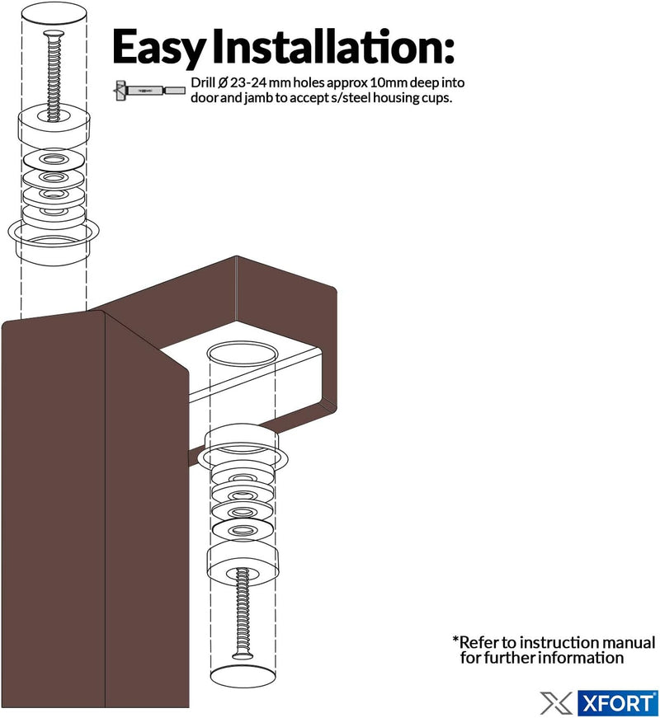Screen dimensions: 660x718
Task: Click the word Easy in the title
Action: pyautogui.click(x=158, y=47)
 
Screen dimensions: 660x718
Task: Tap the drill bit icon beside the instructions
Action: pyautogui.click(x=150, y=91)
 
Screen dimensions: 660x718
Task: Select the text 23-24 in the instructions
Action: pyautogui.click(x=248, y=83)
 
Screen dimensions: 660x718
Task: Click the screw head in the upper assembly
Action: pyautogui.click(x=54, y=34)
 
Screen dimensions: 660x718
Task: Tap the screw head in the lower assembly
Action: pyautogui.click(x=243, y=655)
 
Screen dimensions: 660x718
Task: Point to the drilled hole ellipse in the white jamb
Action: pyautogui.click(x=243, y=354)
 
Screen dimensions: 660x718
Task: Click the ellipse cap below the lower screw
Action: pyautogui.click(x=243, y=676)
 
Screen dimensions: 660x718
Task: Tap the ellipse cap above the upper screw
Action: pyautogui.click(x=54, y=13)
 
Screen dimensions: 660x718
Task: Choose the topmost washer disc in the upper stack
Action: pyautogui.click(x=54, y=160)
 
